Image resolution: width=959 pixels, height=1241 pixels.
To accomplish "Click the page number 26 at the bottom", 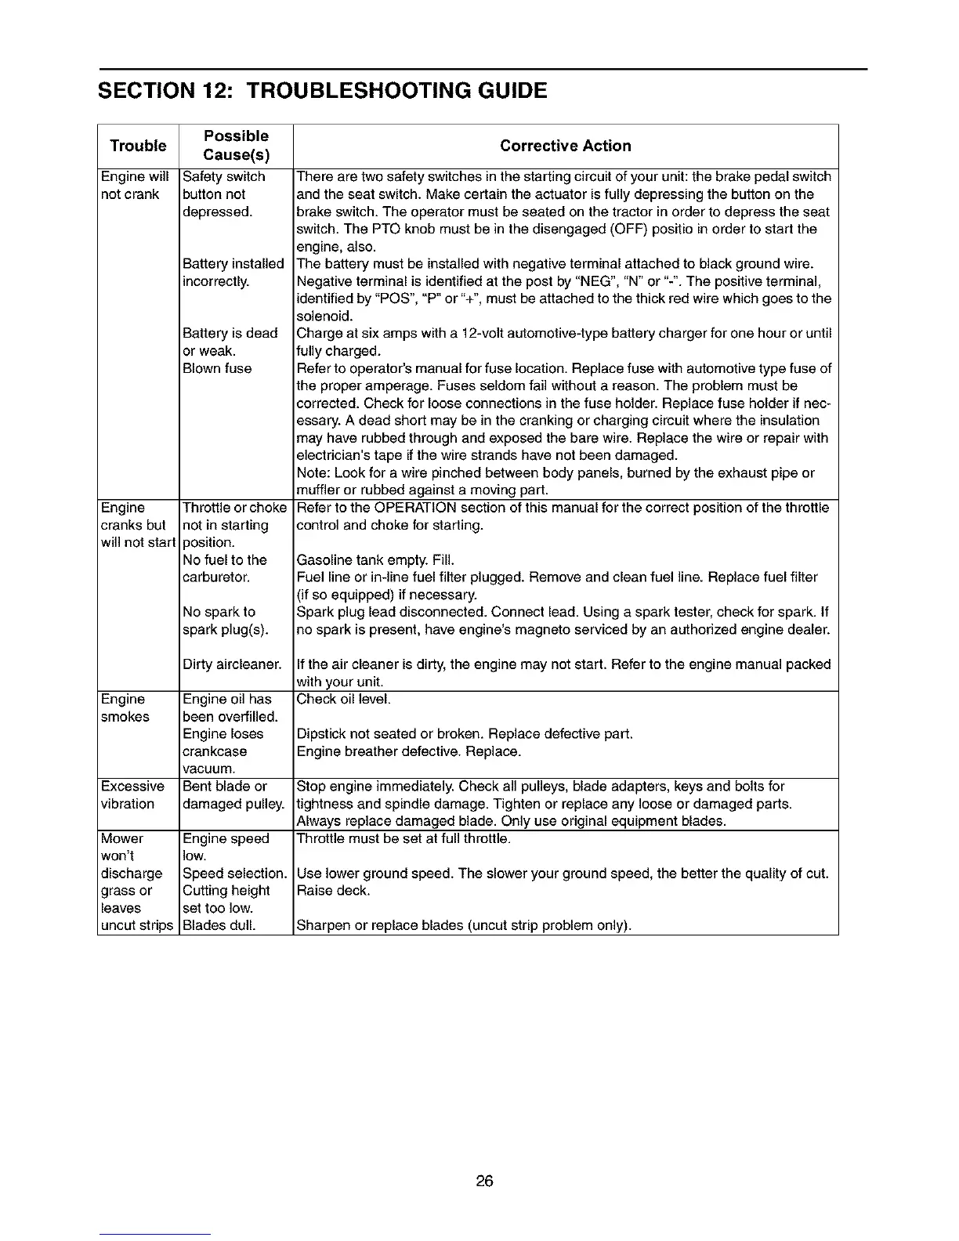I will point(484,1181).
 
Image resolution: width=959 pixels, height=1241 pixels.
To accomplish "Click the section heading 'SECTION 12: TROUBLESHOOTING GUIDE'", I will point(322,91).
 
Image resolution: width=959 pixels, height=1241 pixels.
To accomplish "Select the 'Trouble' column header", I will point(138,146).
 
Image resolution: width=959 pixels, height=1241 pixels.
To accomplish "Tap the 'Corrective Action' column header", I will point(565,146).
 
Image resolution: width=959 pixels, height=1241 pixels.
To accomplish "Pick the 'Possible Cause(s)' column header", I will point(236,146).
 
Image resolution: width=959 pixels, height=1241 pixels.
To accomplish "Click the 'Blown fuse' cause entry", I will point(217,368).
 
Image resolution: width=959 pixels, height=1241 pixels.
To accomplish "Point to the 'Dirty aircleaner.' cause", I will point(232,664).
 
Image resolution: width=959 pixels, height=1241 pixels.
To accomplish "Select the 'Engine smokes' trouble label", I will point(125,707).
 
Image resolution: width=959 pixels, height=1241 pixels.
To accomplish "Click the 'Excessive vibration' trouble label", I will point(132,795).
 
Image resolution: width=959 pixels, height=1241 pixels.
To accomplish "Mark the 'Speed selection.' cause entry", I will point(234,874).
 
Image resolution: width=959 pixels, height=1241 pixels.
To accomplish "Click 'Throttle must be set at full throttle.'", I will point(404,839).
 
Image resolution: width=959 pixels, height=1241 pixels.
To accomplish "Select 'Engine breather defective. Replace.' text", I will point(408,752).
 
